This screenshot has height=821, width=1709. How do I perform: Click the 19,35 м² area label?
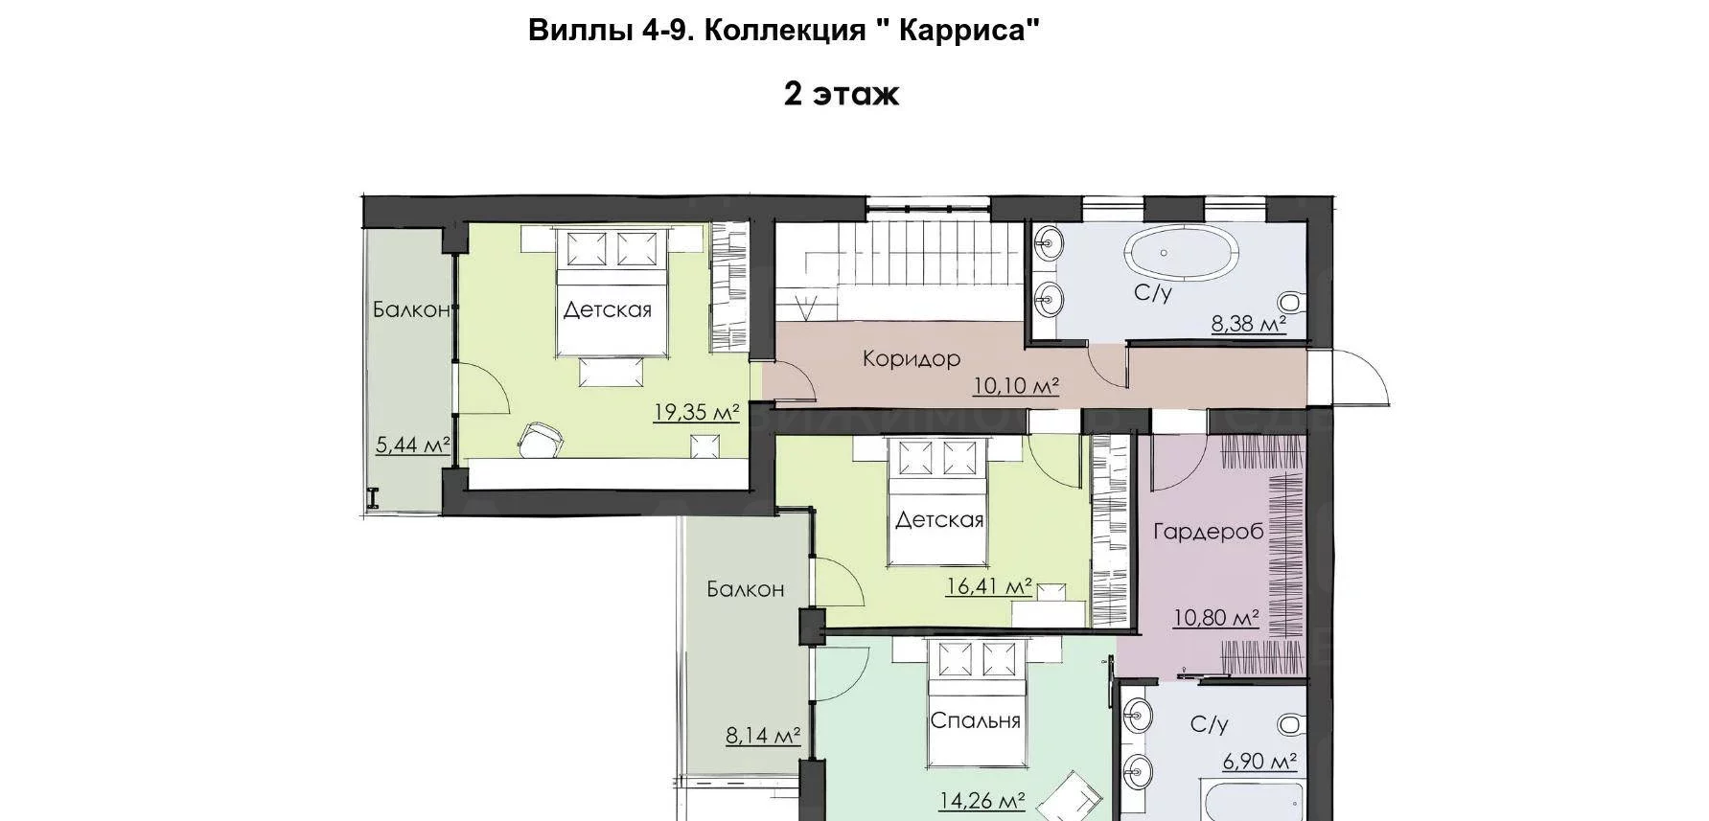697,413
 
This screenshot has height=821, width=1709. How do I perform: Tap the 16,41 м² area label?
989,585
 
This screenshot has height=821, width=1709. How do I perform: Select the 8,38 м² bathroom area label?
1248,325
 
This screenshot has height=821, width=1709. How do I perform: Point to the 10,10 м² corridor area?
1016,386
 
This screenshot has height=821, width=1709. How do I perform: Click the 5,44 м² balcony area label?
413,445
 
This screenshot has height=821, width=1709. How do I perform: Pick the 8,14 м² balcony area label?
763,736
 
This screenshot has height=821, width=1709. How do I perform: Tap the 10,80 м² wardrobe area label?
1216,618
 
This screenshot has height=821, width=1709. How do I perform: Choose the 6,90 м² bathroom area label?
1259,762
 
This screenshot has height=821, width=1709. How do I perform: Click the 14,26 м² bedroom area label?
982,800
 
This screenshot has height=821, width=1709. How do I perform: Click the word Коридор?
912,359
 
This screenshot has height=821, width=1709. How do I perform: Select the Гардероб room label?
1209,532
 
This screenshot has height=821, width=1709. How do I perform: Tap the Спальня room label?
976,720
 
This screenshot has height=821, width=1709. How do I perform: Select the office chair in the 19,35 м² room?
542,439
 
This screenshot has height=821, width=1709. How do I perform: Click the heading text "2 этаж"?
842,94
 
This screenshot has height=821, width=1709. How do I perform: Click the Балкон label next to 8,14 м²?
746,589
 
